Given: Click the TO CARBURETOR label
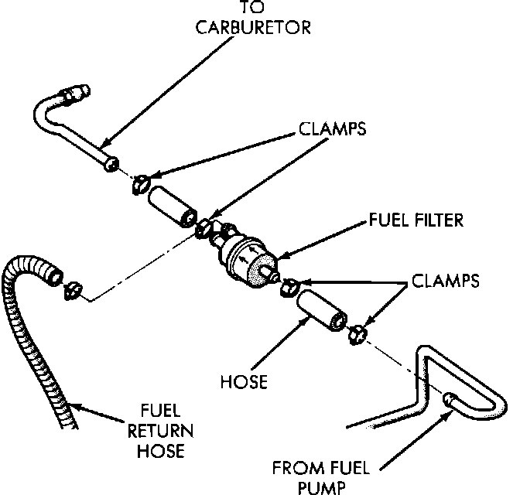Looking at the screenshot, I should click(x=254, y=19).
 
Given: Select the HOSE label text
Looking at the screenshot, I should click(x=244, y=382).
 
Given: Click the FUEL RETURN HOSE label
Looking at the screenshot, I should click(x=166, y=429).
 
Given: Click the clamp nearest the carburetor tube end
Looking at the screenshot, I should click(x=140, y=183).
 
